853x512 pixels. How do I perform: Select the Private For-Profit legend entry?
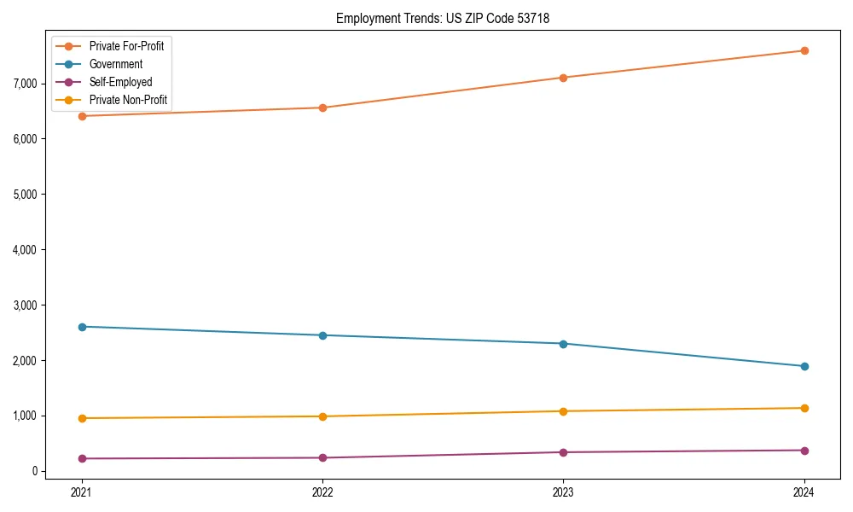pyautogui.click(x=126, y=45)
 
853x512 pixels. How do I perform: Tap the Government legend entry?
pyautogui.click(x=115, y=64)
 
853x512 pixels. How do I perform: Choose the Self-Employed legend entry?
pyautogui.click(x=120, y=82)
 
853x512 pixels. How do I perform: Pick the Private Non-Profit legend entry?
pyautogui.click(x=128, y=101)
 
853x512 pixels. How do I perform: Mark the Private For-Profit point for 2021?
pyautogui.click(x=82, y=116)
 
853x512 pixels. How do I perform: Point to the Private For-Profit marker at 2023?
pyautogui.click(x=563, y=78)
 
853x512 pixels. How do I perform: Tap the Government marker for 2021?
pyautogui.click(x=82, y=327)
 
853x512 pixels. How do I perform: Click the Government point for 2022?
pyautogui.click(x=322, y=335)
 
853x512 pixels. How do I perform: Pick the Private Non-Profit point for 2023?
pyautogui.click(x=563, y=411)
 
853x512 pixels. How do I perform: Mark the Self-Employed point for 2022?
pyautogui.click(x=322, y=458)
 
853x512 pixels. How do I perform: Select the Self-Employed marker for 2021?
pyautogui.click(x=82, y=459)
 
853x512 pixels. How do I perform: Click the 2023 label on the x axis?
pyautogui.click(x=563, y=492)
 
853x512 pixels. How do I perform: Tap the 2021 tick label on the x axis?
pyautogui.click(x=82, y=492)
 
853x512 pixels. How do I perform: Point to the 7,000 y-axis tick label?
pyautogui.click(x=25, y=84)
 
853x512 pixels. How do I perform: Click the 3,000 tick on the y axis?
pyautogui.click(x=25, y=305)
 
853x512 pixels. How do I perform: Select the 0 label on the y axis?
pyautogui.click(x=34, y=471)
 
